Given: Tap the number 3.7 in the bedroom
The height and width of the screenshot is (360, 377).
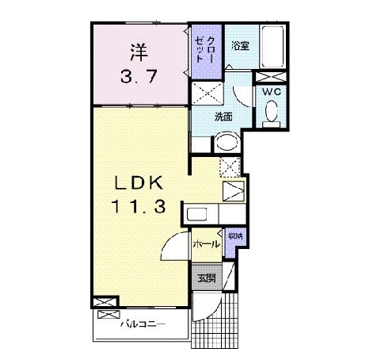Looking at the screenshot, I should click(140, 78).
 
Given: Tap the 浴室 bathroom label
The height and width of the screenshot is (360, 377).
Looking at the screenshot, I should click(239, 47).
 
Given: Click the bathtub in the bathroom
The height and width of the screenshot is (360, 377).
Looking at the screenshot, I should click(274, 50).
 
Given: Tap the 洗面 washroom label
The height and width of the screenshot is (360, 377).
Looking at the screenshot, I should click(223, 117).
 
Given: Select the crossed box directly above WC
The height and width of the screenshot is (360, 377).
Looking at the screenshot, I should click(271, 78).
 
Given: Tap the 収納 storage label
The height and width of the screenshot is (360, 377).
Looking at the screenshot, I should click(235, 236).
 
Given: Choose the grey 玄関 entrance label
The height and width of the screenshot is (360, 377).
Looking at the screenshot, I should click(207, 278).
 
